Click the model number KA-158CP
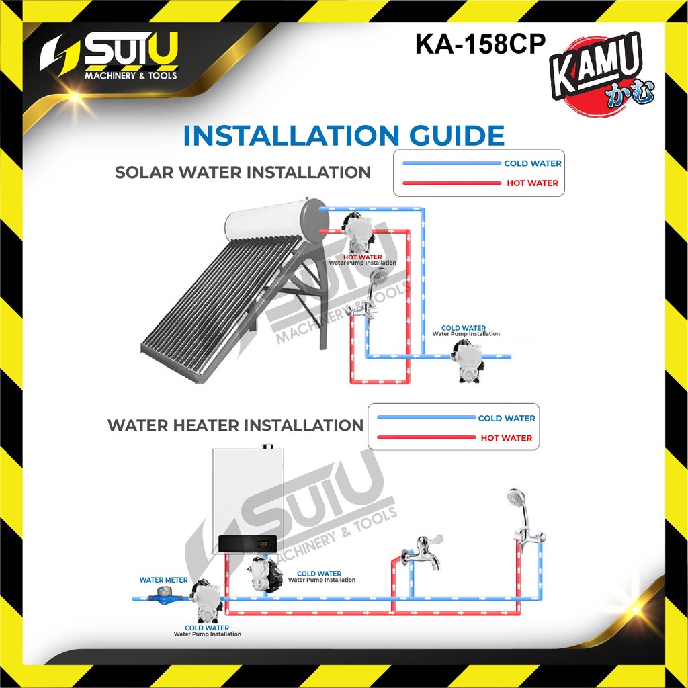coord(480,44)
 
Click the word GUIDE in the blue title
coord(456,135)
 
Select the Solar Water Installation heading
coord(243,172)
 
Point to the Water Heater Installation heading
coord(235,425)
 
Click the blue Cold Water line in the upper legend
coord(451,163)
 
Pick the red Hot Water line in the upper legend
coord(451,183)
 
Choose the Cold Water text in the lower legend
coord(507,418)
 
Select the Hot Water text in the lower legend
coord(507,438)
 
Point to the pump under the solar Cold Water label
coord(468,361)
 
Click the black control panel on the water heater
coord(247,544)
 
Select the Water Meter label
coord(163,580)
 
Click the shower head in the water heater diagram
coord(517,498)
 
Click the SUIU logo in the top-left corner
coord(110,56)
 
